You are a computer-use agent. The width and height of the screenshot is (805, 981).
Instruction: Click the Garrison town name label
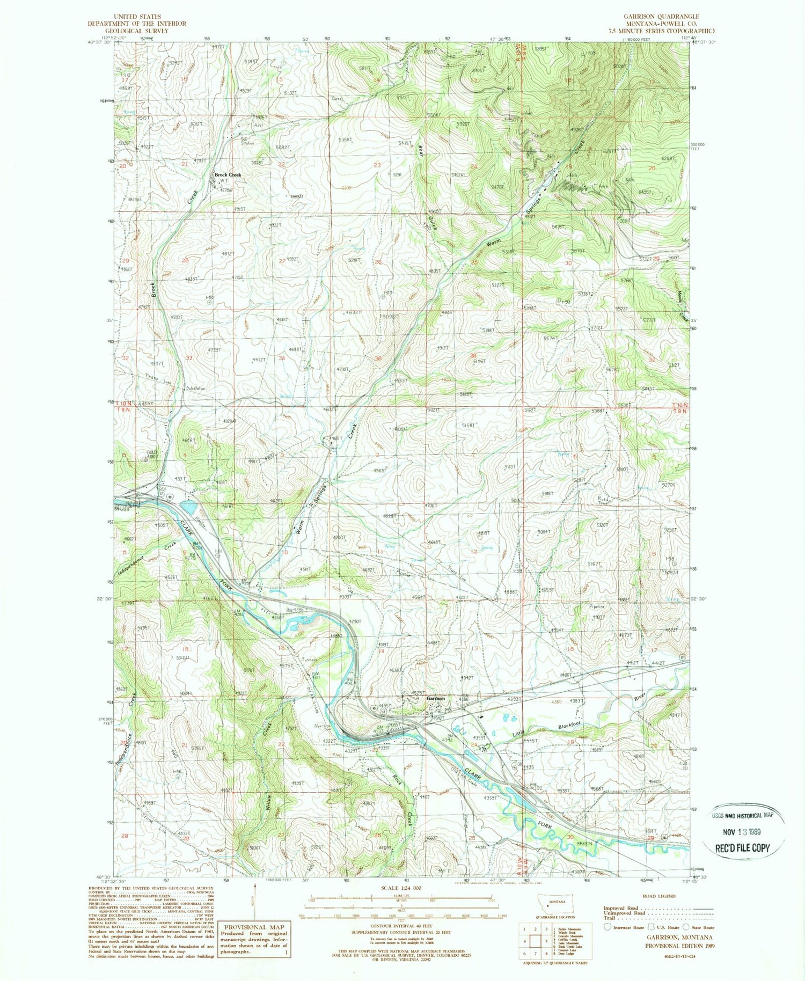(436, 699)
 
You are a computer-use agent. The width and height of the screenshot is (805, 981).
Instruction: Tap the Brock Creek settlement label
(228, 175)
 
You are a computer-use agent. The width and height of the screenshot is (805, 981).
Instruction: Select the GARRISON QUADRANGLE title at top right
(661, 17)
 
